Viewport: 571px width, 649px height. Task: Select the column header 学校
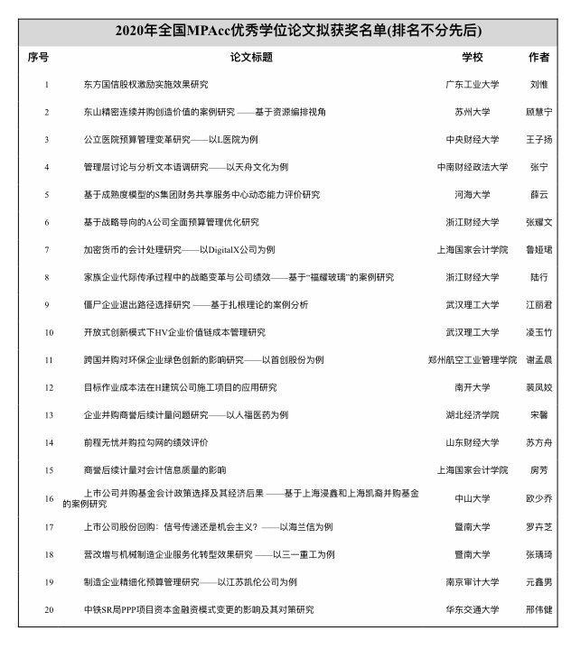(473, 57)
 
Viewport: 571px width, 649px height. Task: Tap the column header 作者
(538, 57)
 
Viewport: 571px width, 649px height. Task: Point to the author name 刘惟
(538, 85)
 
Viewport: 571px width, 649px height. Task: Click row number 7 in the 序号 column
(46, 249)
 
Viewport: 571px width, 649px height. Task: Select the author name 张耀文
(538, 222)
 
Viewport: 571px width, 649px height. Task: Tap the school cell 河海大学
(473, 194)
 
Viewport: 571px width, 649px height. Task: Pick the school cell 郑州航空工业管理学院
(473, 359)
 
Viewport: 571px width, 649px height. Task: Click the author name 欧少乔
(538, 498)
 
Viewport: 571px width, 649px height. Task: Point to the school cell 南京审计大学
(473, 582)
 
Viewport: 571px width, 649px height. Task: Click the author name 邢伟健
(538, 610)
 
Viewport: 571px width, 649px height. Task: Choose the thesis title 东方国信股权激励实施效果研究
(145, 85)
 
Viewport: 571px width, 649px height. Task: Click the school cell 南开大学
(473, 387)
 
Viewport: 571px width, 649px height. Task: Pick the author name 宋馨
(538, 415)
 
